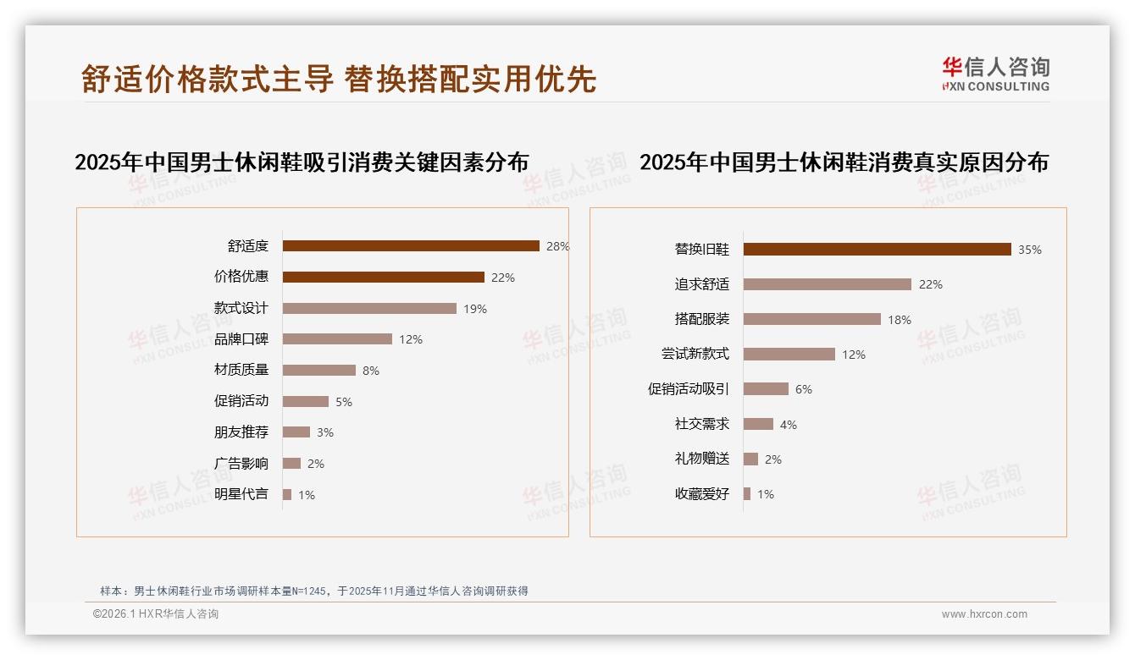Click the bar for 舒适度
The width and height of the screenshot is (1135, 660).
pos(411,246)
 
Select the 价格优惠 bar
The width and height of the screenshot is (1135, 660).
pos(383,277)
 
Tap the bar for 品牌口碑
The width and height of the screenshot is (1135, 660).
pos(337,338)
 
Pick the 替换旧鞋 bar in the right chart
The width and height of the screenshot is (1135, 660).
pos(877,249)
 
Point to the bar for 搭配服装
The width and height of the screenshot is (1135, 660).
pos(811,319)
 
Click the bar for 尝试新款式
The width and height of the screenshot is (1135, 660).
pos(789,354)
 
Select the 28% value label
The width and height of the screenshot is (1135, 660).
pos(557,246)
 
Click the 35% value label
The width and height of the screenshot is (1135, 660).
pos(1029,250)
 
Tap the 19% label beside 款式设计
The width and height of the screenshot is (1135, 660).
pos(474,309)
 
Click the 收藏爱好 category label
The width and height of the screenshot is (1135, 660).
pos(701,494)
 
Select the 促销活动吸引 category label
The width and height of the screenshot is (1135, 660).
pos(688,389)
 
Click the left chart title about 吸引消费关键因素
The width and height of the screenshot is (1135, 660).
pos(302,162)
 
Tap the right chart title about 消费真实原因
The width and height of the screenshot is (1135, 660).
pos(844,162)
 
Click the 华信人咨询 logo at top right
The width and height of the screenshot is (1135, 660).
pos(995,74)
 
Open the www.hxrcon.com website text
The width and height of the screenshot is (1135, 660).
pos(984,614)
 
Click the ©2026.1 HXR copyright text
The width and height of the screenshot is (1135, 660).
pos(156,614)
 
